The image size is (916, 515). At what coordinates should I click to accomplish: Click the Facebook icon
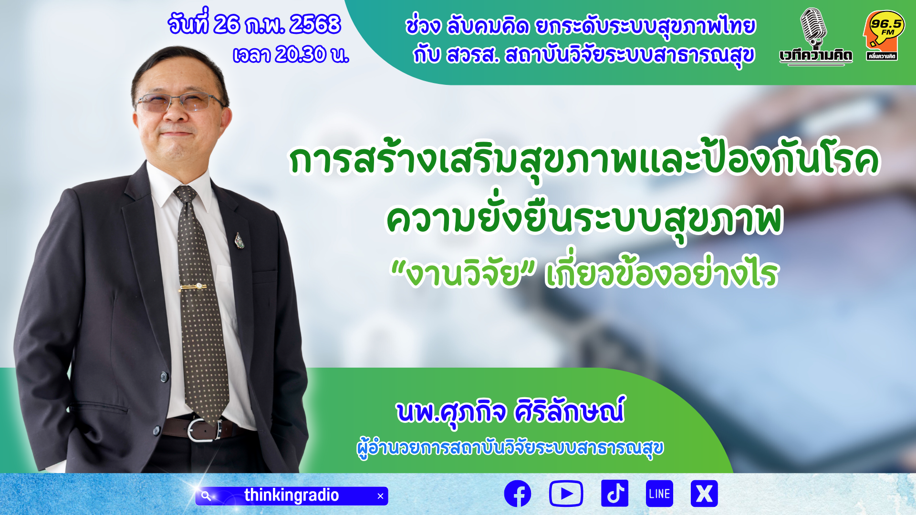(518, 494)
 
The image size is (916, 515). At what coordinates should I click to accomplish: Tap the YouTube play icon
(566, 494)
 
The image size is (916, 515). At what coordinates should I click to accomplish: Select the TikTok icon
(614, 494)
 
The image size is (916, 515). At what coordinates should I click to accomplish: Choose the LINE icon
(659, 494)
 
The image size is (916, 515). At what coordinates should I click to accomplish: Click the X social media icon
(704, 494)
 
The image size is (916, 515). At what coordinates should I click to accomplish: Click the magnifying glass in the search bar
(206, 496)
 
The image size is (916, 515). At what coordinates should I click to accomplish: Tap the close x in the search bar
(380, 496)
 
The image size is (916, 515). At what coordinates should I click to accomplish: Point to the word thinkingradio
(291, 495)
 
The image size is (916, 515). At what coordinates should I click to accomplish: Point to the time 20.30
(301, 54)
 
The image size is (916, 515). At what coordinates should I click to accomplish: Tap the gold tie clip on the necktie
(193, 287)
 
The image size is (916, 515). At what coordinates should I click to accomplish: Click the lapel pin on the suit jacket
(239, 241)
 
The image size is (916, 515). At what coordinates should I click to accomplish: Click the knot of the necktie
(186, 195)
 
